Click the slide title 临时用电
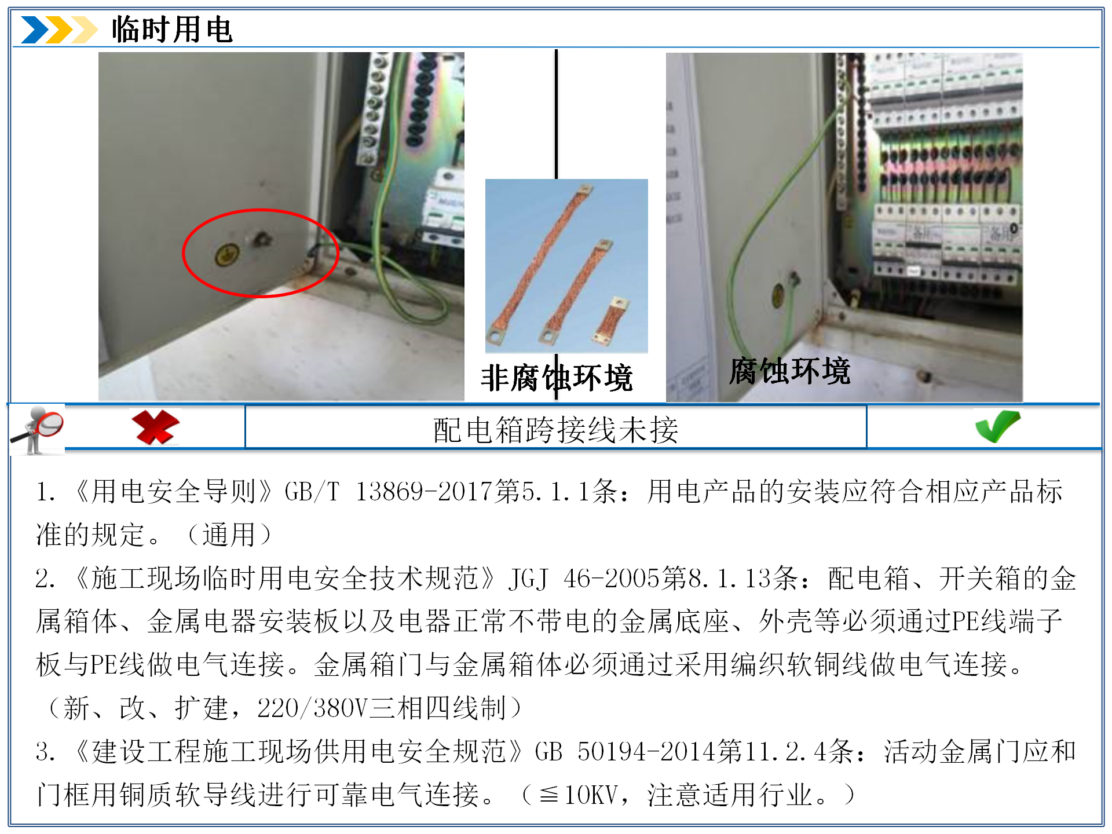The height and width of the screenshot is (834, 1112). (x=172, y=30)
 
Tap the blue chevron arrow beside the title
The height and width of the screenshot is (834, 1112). (x=35, y=30)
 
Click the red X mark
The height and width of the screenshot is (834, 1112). (x=155, y=427)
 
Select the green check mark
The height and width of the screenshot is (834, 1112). (x=997, y=426)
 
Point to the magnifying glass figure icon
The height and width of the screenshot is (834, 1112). (x=36, y=430)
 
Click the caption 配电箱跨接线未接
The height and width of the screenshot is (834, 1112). (x=556, y=430)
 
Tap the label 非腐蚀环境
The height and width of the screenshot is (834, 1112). (x=557, y=378)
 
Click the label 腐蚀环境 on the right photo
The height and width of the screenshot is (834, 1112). (x=789, y=371)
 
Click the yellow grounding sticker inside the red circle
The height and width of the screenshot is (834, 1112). (x=227, y=254)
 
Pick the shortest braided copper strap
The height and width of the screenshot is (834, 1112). (x=611, y=320)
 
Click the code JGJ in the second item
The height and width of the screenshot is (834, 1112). (x=528, y=579)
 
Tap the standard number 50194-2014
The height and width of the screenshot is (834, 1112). (x=647, y=752)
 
